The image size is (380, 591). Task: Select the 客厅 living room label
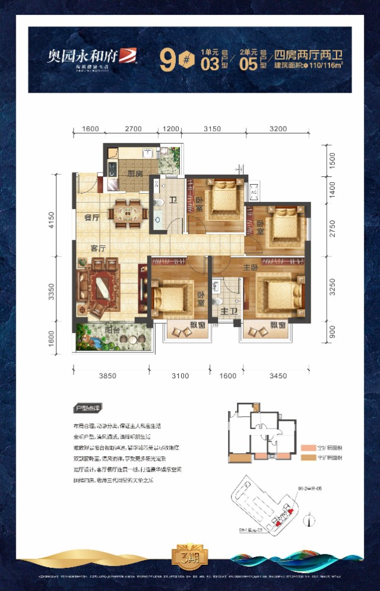(x=98, y=246)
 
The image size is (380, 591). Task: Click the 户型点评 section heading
(x=87, y=409)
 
